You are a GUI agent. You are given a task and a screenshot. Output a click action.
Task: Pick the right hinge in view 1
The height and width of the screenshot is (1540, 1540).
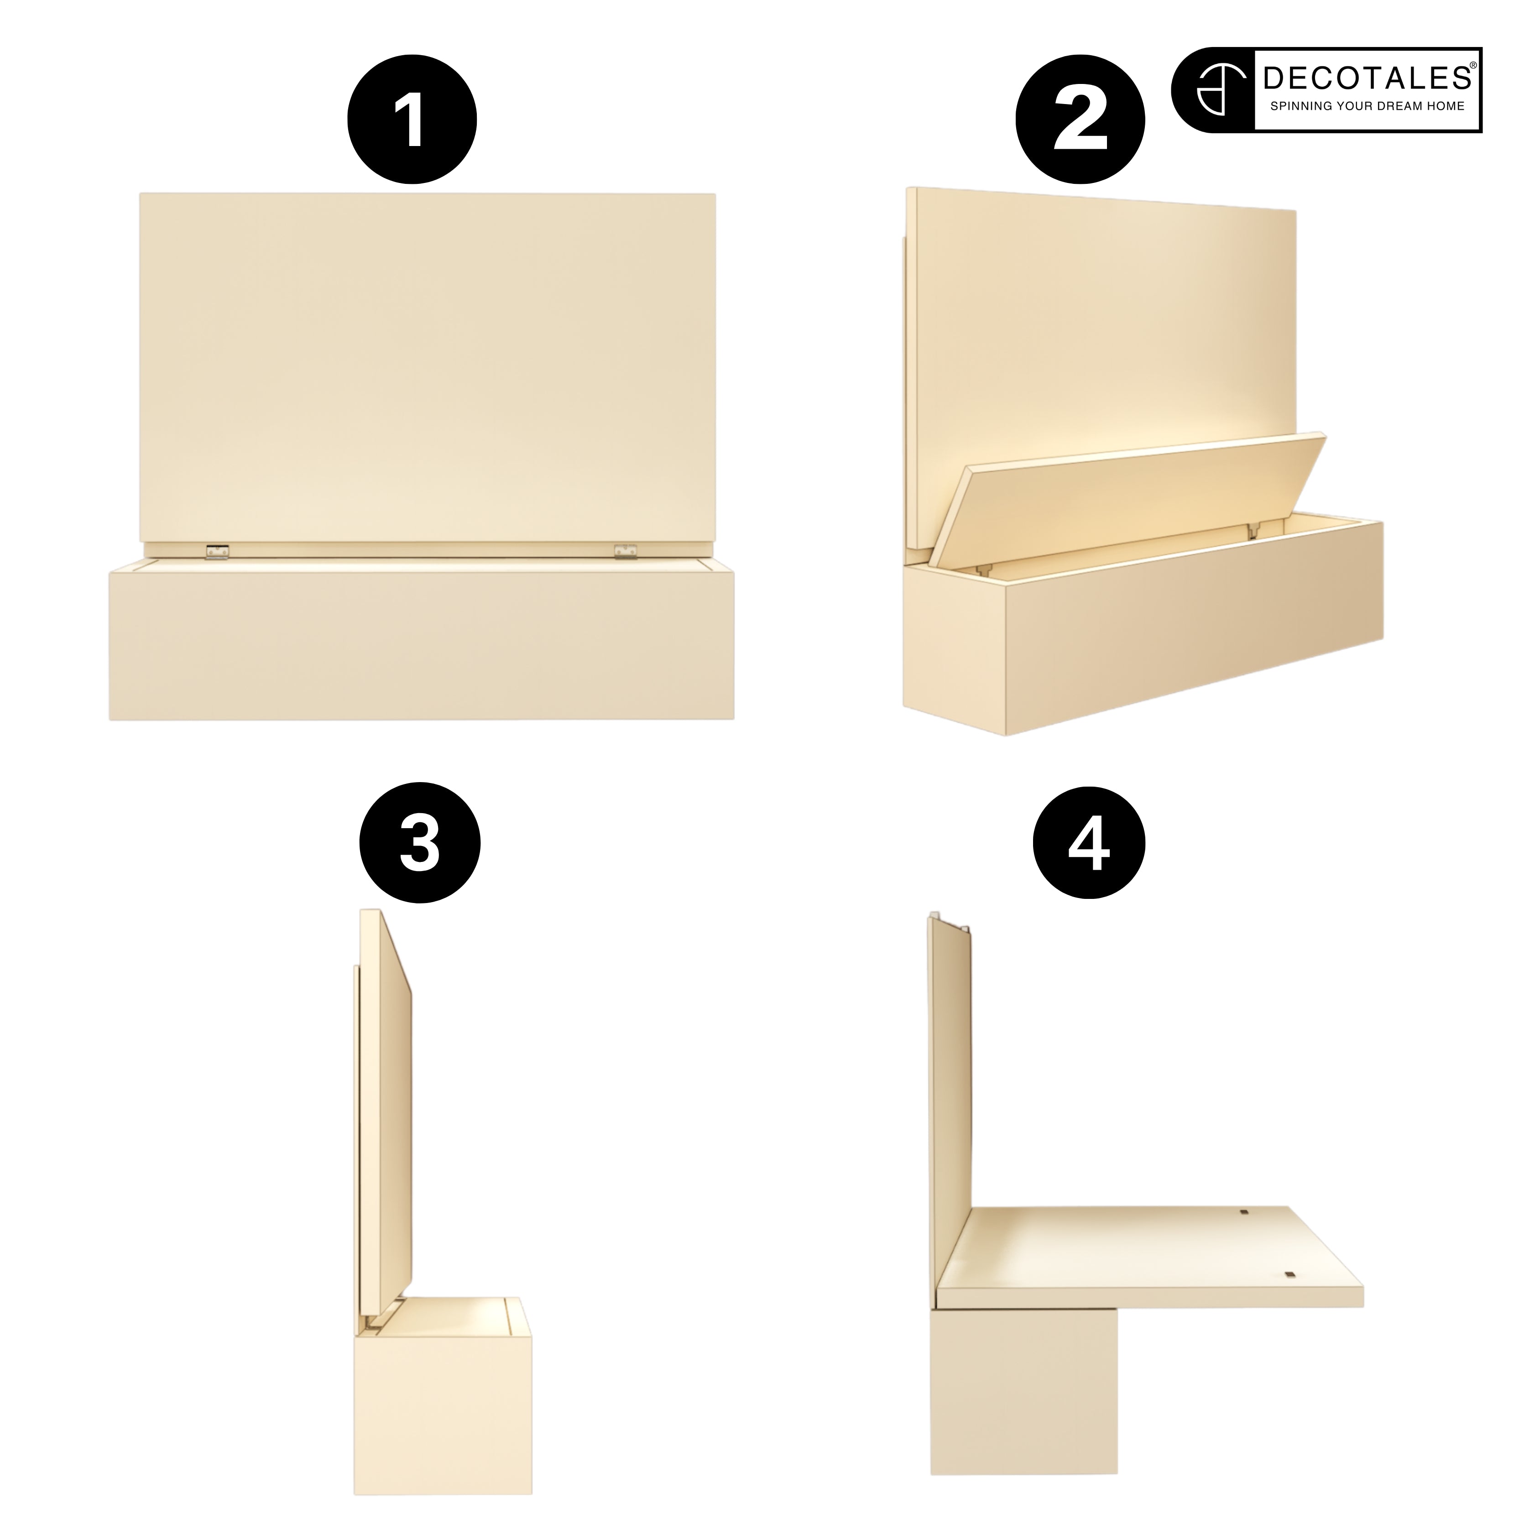pos(626,551)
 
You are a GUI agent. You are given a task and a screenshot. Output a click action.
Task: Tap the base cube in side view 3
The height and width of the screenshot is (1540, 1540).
pos(443,1379)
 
